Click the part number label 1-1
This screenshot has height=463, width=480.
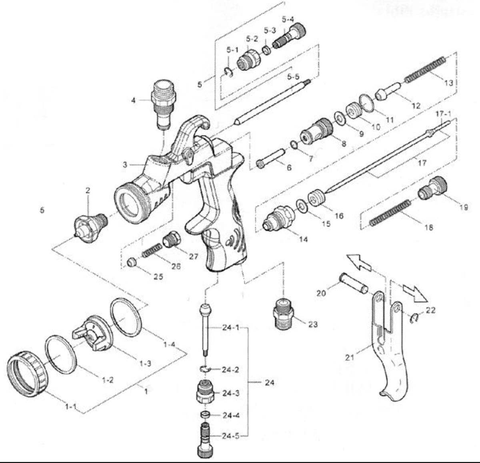71,407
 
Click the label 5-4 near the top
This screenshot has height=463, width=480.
288,19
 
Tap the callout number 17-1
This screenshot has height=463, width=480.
443,114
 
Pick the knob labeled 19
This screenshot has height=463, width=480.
433,188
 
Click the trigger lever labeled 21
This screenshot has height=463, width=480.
390,355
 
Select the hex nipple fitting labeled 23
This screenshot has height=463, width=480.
284,315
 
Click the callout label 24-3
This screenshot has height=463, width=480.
231,393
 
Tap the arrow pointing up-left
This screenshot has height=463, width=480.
359,262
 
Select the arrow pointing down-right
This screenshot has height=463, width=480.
415,293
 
